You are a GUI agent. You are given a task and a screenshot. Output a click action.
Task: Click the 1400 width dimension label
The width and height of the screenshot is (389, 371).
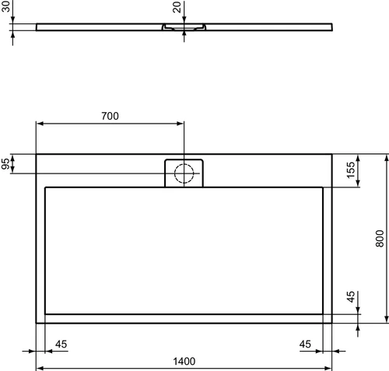pos(184,361)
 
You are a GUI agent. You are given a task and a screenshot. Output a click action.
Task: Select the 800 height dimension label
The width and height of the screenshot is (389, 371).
pos(380,239)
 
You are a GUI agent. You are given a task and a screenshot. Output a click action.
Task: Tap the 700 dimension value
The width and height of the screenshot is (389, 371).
pos(110,116)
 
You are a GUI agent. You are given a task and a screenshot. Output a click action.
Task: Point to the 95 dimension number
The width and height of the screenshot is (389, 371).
pos(5,164)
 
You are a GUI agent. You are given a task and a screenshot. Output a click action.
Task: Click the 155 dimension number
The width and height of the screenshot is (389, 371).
pos(351,170)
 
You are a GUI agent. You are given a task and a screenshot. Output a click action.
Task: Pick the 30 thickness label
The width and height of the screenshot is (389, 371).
pos(5,6)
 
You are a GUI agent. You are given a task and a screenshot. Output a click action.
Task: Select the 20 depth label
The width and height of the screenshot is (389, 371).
pos(177,7)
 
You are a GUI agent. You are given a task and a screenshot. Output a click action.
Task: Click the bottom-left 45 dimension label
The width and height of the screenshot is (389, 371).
pos(61,345)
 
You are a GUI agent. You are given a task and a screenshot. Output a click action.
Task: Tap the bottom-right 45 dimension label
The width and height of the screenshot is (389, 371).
pos(305,345)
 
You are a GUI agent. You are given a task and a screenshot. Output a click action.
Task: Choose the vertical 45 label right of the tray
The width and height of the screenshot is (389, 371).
pos(351,297)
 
